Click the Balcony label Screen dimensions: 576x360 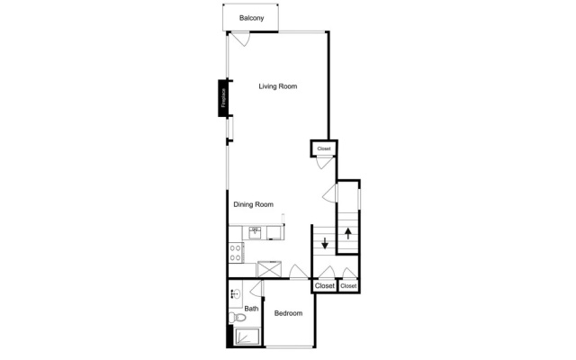coord(251,18)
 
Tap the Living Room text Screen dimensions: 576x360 coord(278,86)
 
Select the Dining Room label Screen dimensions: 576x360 coord(254,204)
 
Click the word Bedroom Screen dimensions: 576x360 coord(288,313)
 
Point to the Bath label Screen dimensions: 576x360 coord(251,309)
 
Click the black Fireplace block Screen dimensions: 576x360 coord(223,98)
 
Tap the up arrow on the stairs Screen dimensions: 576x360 coord(348,233)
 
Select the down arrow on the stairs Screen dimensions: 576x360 coord(325,243)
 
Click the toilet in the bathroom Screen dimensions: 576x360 coord(238,317)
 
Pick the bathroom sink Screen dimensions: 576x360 coord(236,293)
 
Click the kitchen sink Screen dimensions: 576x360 coord(255,233)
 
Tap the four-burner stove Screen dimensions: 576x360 coord(236,253)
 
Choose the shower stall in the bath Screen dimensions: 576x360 coord(247,337)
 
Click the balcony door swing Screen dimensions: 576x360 coord(241,39)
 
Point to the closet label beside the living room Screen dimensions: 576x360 coord(324,148)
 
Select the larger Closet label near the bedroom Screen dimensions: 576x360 coord(325,286)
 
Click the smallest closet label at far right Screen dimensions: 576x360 coord(348,286)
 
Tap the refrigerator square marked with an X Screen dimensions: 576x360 coord(270,269)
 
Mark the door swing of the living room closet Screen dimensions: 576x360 coord(324,162)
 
